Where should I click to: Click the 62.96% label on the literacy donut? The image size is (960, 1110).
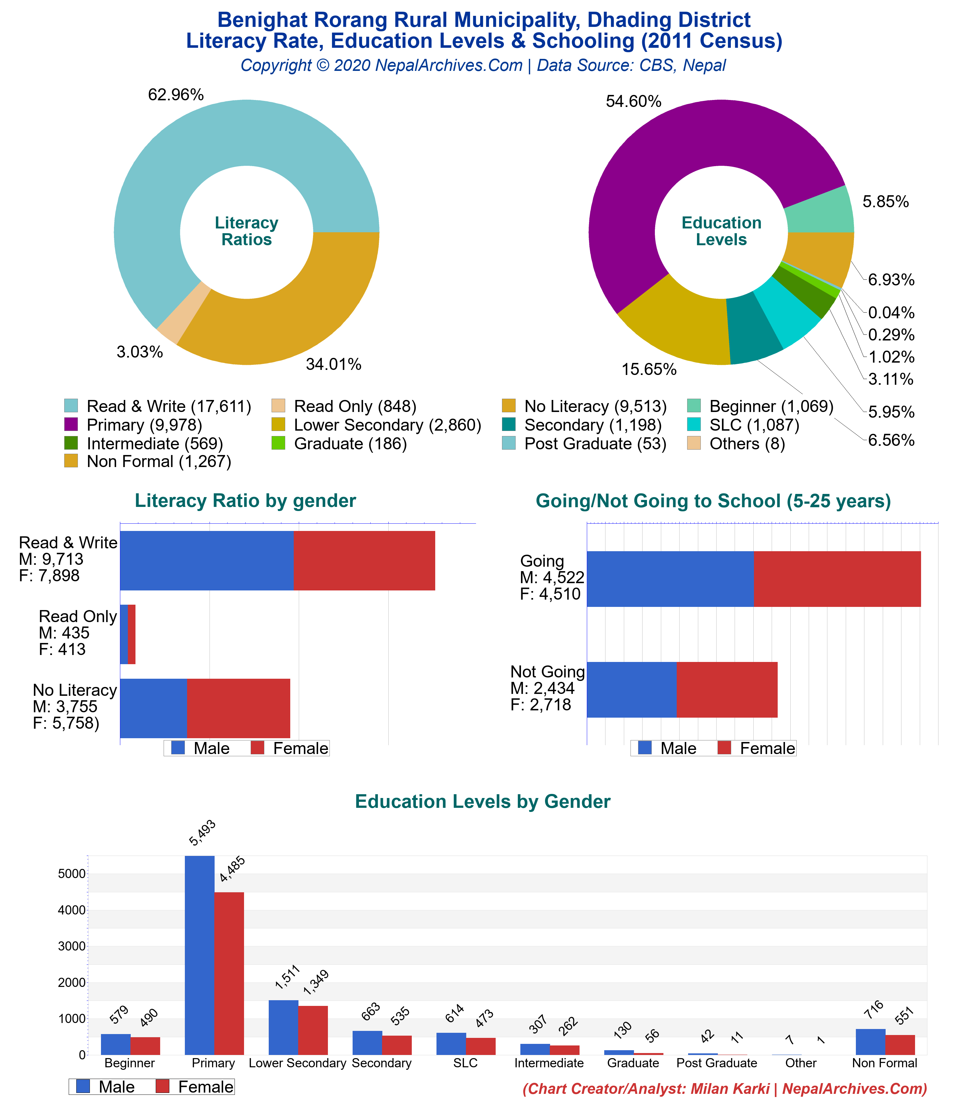point(176,95)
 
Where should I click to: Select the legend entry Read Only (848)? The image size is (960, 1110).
point(354,407)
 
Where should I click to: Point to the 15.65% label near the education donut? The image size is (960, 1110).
point(649,369)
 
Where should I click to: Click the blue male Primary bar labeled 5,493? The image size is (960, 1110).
point(199,954)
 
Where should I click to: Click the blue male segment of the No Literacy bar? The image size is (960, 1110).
point(154,708)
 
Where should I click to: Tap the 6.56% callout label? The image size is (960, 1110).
point(891,440)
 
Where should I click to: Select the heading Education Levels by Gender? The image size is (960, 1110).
point(482,801)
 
